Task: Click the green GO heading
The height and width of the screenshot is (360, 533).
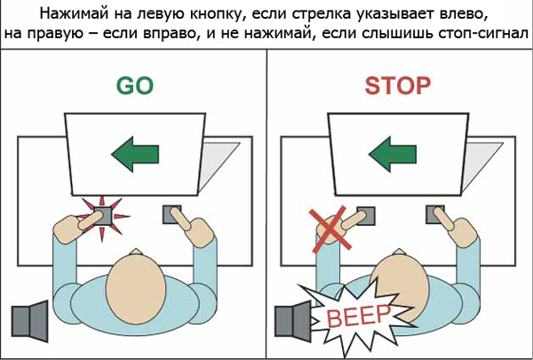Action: coord(134,85)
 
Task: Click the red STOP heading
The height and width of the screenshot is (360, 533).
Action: coord(397,85)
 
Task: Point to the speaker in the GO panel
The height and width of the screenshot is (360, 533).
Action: coord(30,322)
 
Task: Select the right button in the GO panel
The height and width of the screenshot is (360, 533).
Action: coord(172,213)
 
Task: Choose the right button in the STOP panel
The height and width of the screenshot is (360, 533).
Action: coord(435,214)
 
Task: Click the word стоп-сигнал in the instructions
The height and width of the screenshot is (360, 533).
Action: coord(481,35)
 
